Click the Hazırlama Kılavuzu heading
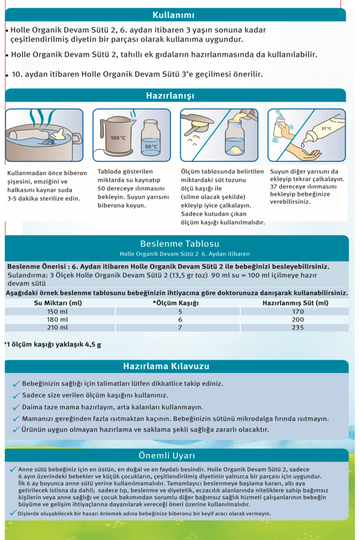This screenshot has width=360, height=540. tap(166, 366)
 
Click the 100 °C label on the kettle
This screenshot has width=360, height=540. tap(118, 138)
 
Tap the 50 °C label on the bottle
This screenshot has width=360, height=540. tap(151, 146)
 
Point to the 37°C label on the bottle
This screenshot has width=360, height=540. tap(326, 128)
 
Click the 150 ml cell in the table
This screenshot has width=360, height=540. tap(57, 311)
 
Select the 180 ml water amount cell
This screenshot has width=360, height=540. tap(57, 319)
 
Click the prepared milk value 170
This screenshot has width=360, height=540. tap(297, 311)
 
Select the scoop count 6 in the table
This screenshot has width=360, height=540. tap(180, 319)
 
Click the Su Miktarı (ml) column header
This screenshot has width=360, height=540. tap(57, 303)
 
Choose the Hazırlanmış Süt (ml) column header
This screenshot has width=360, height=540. tap(296, 303)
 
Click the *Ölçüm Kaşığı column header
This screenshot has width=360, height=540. tap(176, 303)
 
